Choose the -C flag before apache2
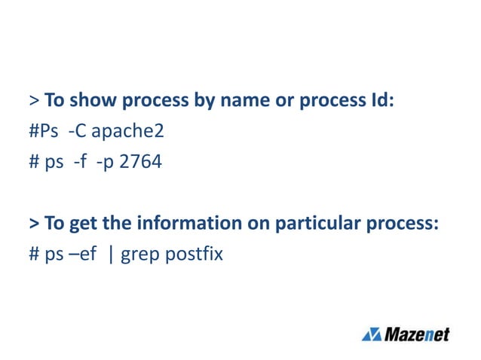[75, 132]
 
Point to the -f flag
[81, 161]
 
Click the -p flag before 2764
[106, 161]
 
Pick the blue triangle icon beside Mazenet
[372, 334]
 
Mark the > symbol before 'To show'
[35, 101]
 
